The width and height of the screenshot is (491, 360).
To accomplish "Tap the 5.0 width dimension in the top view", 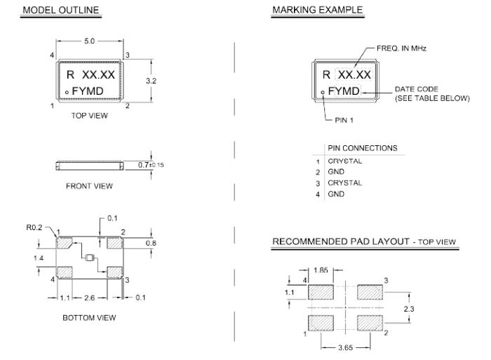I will click(89, 41).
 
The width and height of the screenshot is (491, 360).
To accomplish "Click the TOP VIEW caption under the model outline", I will click(89, 116).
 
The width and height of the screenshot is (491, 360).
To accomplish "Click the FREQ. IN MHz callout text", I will click(400, 48).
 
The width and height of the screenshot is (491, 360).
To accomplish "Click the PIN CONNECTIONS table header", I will click(362, 148).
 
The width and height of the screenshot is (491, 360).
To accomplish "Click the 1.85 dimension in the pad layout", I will click(320, 269).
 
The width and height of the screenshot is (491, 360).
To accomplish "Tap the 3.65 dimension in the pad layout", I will click(343, 347).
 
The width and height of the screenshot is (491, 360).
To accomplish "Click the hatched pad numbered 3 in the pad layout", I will click(369, 291).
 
